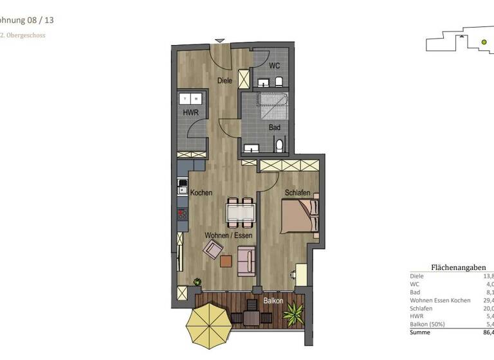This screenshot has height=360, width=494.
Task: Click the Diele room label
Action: tap(224, 80)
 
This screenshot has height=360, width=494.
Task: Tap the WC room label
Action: tap(274, 66)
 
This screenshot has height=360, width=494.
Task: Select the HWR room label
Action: tap(191, 113)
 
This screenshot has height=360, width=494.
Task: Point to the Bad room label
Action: tap(275, 127)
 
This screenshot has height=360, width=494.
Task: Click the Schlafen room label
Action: tap(298, 193)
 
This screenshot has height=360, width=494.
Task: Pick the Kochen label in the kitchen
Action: tap(201, 193)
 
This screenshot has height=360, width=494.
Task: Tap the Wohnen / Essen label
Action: tap(228, 235)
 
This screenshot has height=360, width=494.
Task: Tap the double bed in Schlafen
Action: tap(300, 215)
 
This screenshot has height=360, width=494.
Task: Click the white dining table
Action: tap(241, 213)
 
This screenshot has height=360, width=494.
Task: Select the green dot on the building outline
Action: tap(484, 42)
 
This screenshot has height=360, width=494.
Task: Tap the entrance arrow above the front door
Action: tap(220, 41)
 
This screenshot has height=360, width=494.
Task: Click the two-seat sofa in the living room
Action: tap(246, 260)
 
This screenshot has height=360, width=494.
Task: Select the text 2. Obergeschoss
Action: tap(23, 35)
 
